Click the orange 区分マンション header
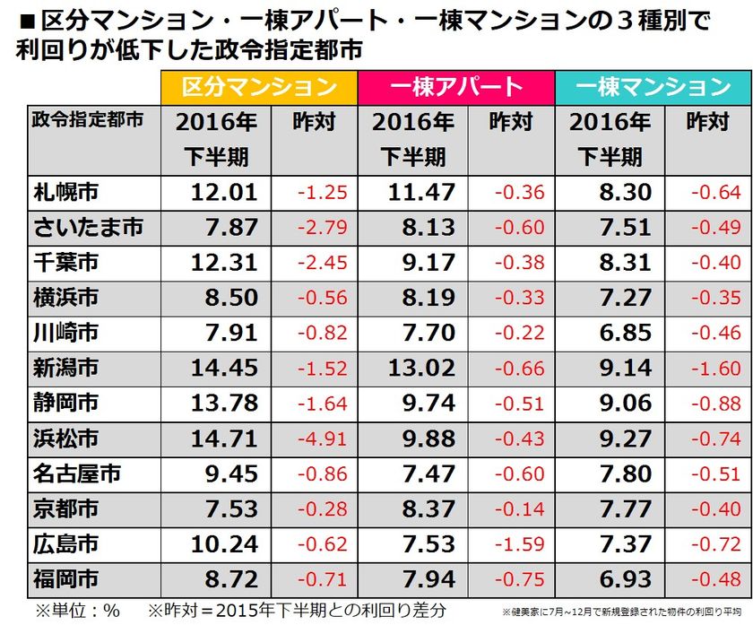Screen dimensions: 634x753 pos(259,86)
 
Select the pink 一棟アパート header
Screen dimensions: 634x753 pos(456,86)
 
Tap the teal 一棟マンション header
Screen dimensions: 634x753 pos(653,86)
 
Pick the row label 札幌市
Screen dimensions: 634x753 pos(66,191)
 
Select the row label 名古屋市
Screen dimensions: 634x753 pos(77,473)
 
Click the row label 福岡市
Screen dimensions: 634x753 pos(66,578)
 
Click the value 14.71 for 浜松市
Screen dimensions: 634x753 pos(225,439)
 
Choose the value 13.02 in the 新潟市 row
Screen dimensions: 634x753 pos(421,368)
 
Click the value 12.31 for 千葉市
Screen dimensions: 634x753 pos(225,263)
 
